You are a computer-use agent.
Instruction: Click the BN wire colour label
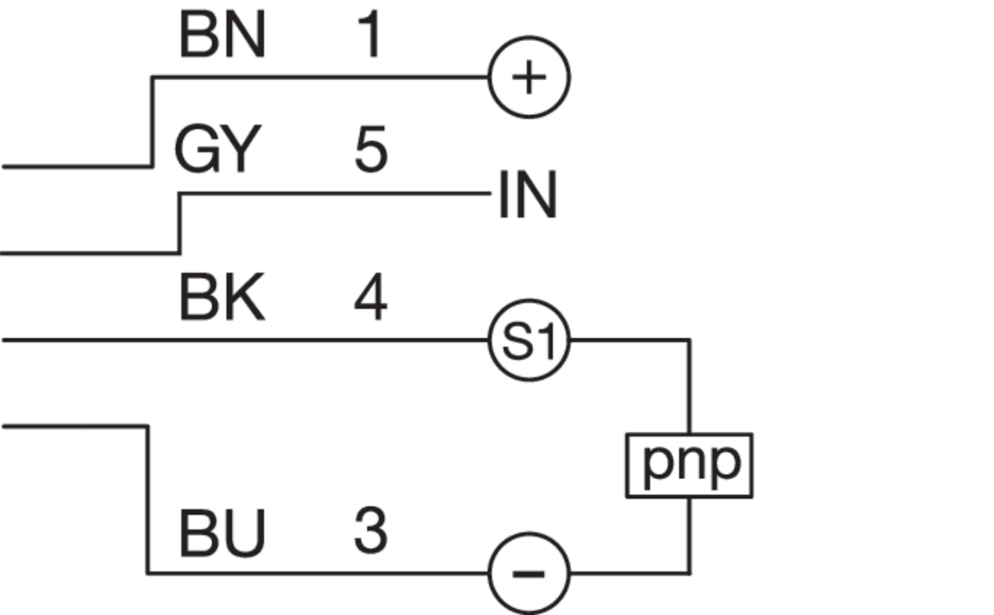tap(221, 36)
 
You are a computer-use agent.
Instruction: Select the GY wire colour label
tap(218, 150)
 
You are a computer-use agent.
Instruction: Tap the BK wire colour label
tap(221, 298)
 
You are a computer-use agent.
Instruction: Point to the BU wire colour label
tap(221, 533)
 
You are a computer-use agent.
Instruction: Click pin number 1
tap(371, 36)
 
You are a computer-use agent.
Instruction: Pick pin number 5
tap(371, 150)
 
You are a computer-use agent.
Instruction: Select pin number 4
tap(371, 298)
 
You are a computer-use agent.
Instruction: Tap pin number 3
tap(371, 531)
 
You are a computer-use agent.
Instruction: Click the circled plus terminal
tap(529, 77)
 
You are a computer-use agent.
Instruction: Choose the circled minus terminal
tap(529, 573)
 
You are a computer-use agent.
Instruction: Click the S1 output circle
tap(529, 341)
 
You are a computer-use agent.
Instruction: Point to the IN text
tap(528, 195)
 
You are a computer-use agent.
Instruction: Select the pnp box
tap(690, 465)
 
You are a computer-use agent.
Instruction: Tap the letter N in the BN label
tap(245, 36)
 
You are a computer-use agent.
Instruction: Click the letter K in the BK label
tap(245, 298)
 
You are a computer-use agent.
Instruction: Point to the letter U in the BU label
tap(245, 533)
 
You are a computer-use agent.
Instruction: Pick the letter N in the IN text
tap(536, 195)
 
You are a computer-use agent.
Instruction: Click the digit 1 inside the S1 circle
tap(544, 341)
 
